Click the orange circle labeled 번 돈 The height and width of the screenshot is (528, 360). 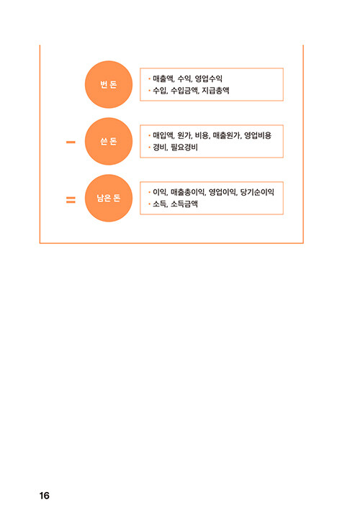(x=109, y=84)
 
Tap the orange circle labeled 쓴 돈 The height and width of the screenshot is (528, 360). (x=109, y=142)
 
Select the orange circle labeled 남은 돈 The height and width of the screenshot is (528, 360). (x=109, y=198)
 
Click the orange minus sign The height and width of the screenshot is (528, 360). (x=71, y=142)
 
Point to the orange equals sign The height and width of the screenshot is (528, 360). (x=71, y=200)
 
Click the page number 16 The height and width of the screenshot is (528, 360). (x=44, y=496)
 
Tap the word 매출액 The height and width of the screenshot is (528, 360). (x=163, y=79)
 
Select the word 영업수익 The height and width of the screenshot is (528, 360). (x=209, y=79)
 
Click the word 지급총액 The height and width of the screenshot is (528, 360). (x=215, y=90)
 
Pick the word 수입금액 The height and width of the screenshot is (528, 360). (x=184, y=90)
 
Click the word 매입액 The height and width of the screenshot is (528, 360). (x=163, y=135)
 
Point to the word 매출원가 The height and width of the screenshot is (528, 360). (x=226, y=135)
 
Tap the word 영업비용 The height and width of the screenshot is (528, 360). (x=258, y=135)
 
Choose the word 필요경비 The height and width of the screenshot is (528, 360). (x=184, y=147)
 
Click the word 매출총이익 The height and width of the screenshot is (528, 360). (x=187, y=192)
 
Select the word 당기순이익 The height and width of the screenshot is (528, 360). (x=257, y=192)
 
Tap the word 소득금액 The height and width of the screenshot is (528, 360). (x=184, y=204)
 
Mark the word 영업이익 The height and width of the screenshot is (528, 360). (x=222, y=192)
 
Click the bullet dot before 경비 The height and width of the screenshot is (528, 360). (x=149, y=147)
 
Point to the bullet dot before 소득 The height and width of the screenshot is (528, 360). (x=149, y=204)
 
